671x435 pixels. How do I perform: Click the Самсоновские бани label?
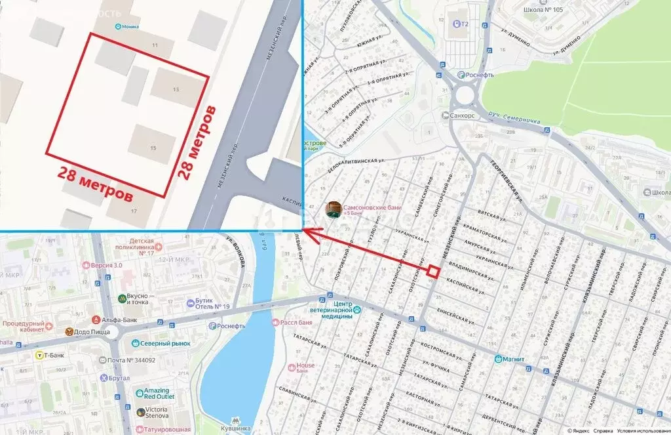[x=372, y=209]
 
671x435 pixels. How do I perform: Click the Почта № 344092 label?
[x=131, y=360]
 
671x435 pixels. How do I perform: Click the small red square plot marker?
[x=433, y=270]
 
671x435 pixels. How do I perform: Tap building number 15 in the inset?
[x=153, y=148]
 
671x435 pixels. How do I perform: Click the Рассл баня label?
[x=294, y=322]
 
